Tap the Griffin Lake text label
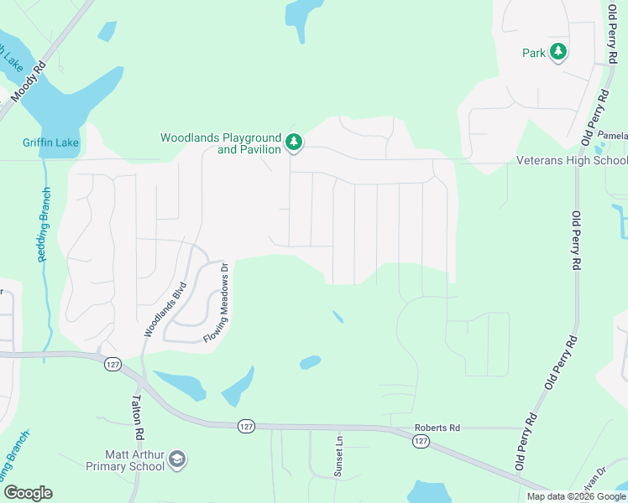[x=50, y=143]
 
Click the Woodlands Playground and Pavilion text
[x=220, y=143]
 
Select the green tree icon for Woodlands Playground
[x=293, y=143]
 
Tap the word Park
[x=534, y=53]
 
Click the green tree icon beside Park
[x=558, y=53]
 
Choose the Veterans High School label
[x=571, y=160]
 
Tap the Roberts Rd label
[x=437, y=428]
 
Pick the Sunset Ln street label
[x=339, y=456]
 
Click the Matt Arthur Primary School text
[x=123, y=459]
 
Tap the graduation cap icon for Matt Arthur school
[x=177, y=459]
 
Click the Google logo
[x=28, y=493]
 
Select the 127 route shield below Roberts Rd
[x=421, y=442]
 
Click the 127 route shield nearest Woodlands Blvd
[x=113, y=364]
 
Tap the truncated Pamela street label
[x=613, y=135]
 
